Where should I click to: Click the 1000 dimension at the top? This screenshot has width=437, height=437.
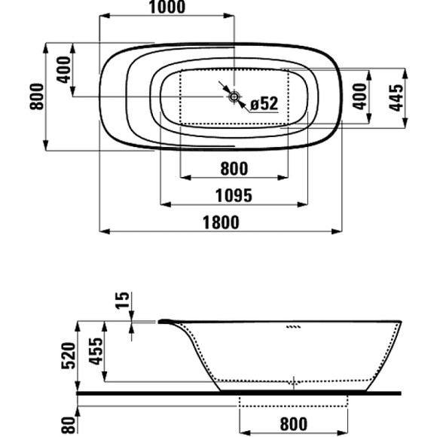coord(167,8)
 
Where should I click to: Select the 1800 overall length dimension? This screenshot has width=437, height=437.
coord(221,222)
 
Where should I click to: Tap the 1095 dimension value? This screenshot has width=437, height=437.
coord(234,196)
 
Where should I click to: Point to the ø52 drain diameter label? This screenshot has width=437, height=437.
coord(264,103)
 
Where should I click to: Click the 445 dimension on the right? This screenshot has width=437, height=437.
coord(396,98)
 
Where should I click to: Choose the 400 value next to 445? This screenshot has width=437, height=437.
coord(360,96)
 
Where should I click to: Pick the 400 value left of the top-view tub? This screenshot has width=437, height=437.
coord(64,69)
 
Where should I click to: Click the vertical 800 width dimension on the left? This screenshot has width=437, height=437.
coord(37,96)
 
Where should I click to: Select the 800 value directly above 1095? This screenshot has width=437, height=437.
coord(234,169)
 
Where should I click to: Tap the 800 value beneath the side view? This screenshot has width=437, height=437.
coord(294,424)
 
